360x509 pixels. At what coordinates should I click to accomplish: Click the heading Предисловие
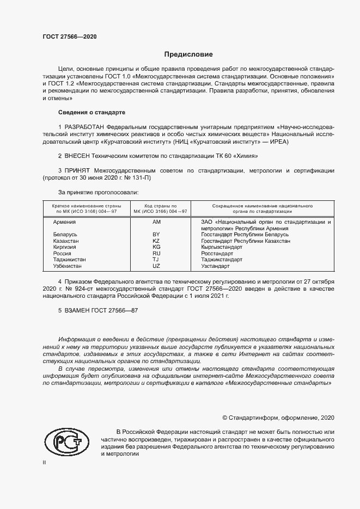[188, 54]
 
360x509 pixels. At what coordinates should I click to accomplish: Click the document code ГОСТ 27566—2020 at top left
[69, 37]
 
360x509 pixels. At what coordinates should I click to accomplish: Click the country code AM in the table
[156, 223]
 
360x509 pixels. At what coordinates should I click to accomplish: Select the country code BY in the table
[156, 235]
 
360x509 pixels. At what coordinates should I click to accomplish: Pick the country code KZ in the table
[156, 241]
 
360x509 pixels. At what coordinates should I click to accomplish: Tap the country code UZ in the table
[156, 266]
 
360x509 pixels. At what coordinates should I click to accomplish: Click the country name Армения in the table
[64, 223]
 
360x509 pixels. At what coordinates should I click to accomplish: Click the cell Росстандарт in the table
[217, 253]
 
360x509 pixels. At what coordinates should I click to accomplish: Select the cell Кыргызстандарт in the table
[221, 247]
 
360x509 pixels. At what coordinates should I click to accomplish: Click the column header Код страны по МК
[156, 209]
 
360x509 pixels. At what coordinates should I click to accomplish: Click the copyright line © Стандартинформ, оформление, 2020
[278, 418]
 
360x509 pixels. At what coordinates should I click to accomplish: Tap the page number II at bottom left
[44, 462]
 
